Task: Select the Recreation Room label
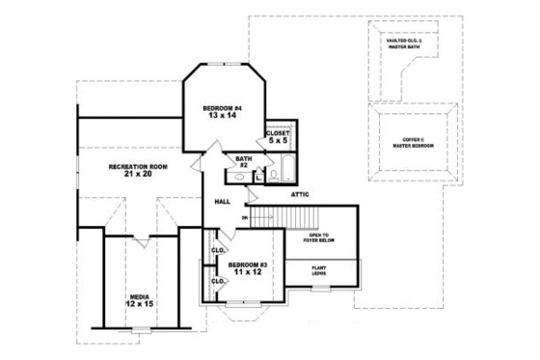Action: tap(138, 166)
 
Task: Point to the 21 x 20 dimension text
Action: tap(138, 175)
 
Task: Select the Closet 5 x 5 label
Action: tap(278, 136)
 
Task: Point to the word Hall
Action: tap(221, 202)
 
